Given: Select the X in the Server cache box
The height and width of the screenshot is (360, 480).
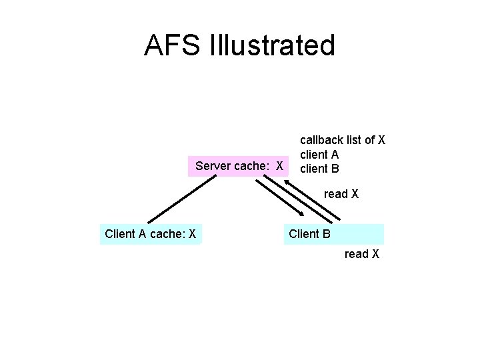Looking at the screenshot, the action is click(281, 165).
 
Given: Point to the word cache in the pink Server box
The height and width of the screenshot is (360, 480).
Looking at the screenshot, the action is click(253, 165).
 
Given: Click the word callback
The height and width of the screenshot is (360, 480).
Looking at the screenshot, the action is click(321, 140).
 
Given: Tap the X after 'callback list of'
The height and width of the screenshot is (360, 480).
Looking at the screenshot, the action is click(382, 140).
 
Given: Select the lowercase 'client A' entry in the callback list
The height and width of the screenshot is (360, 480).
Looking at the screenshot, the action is click(319, 155).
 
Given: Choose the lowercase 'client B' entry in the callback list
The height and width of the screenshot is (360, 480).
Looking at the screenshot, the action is click(319, 169).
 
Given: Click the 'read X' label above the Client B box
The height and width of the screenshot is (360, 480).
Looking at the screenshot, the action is click(341, 194).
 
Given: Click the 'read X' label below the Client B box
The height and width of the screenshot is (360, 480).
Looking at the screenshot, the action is click(362, 254).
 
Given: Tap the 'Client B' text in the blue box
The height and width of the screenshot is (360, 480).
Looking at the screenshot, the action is click(309, 234).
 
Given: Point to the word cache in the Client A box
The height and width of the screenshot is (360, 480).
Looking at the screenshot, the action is click(166, 234).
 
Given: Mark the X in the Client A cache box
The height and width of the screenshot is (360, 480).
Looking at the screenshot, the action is click(192, 234).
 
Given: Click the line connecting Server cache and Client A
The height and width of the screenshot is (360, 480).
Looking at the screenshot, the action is click(173, 199).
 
